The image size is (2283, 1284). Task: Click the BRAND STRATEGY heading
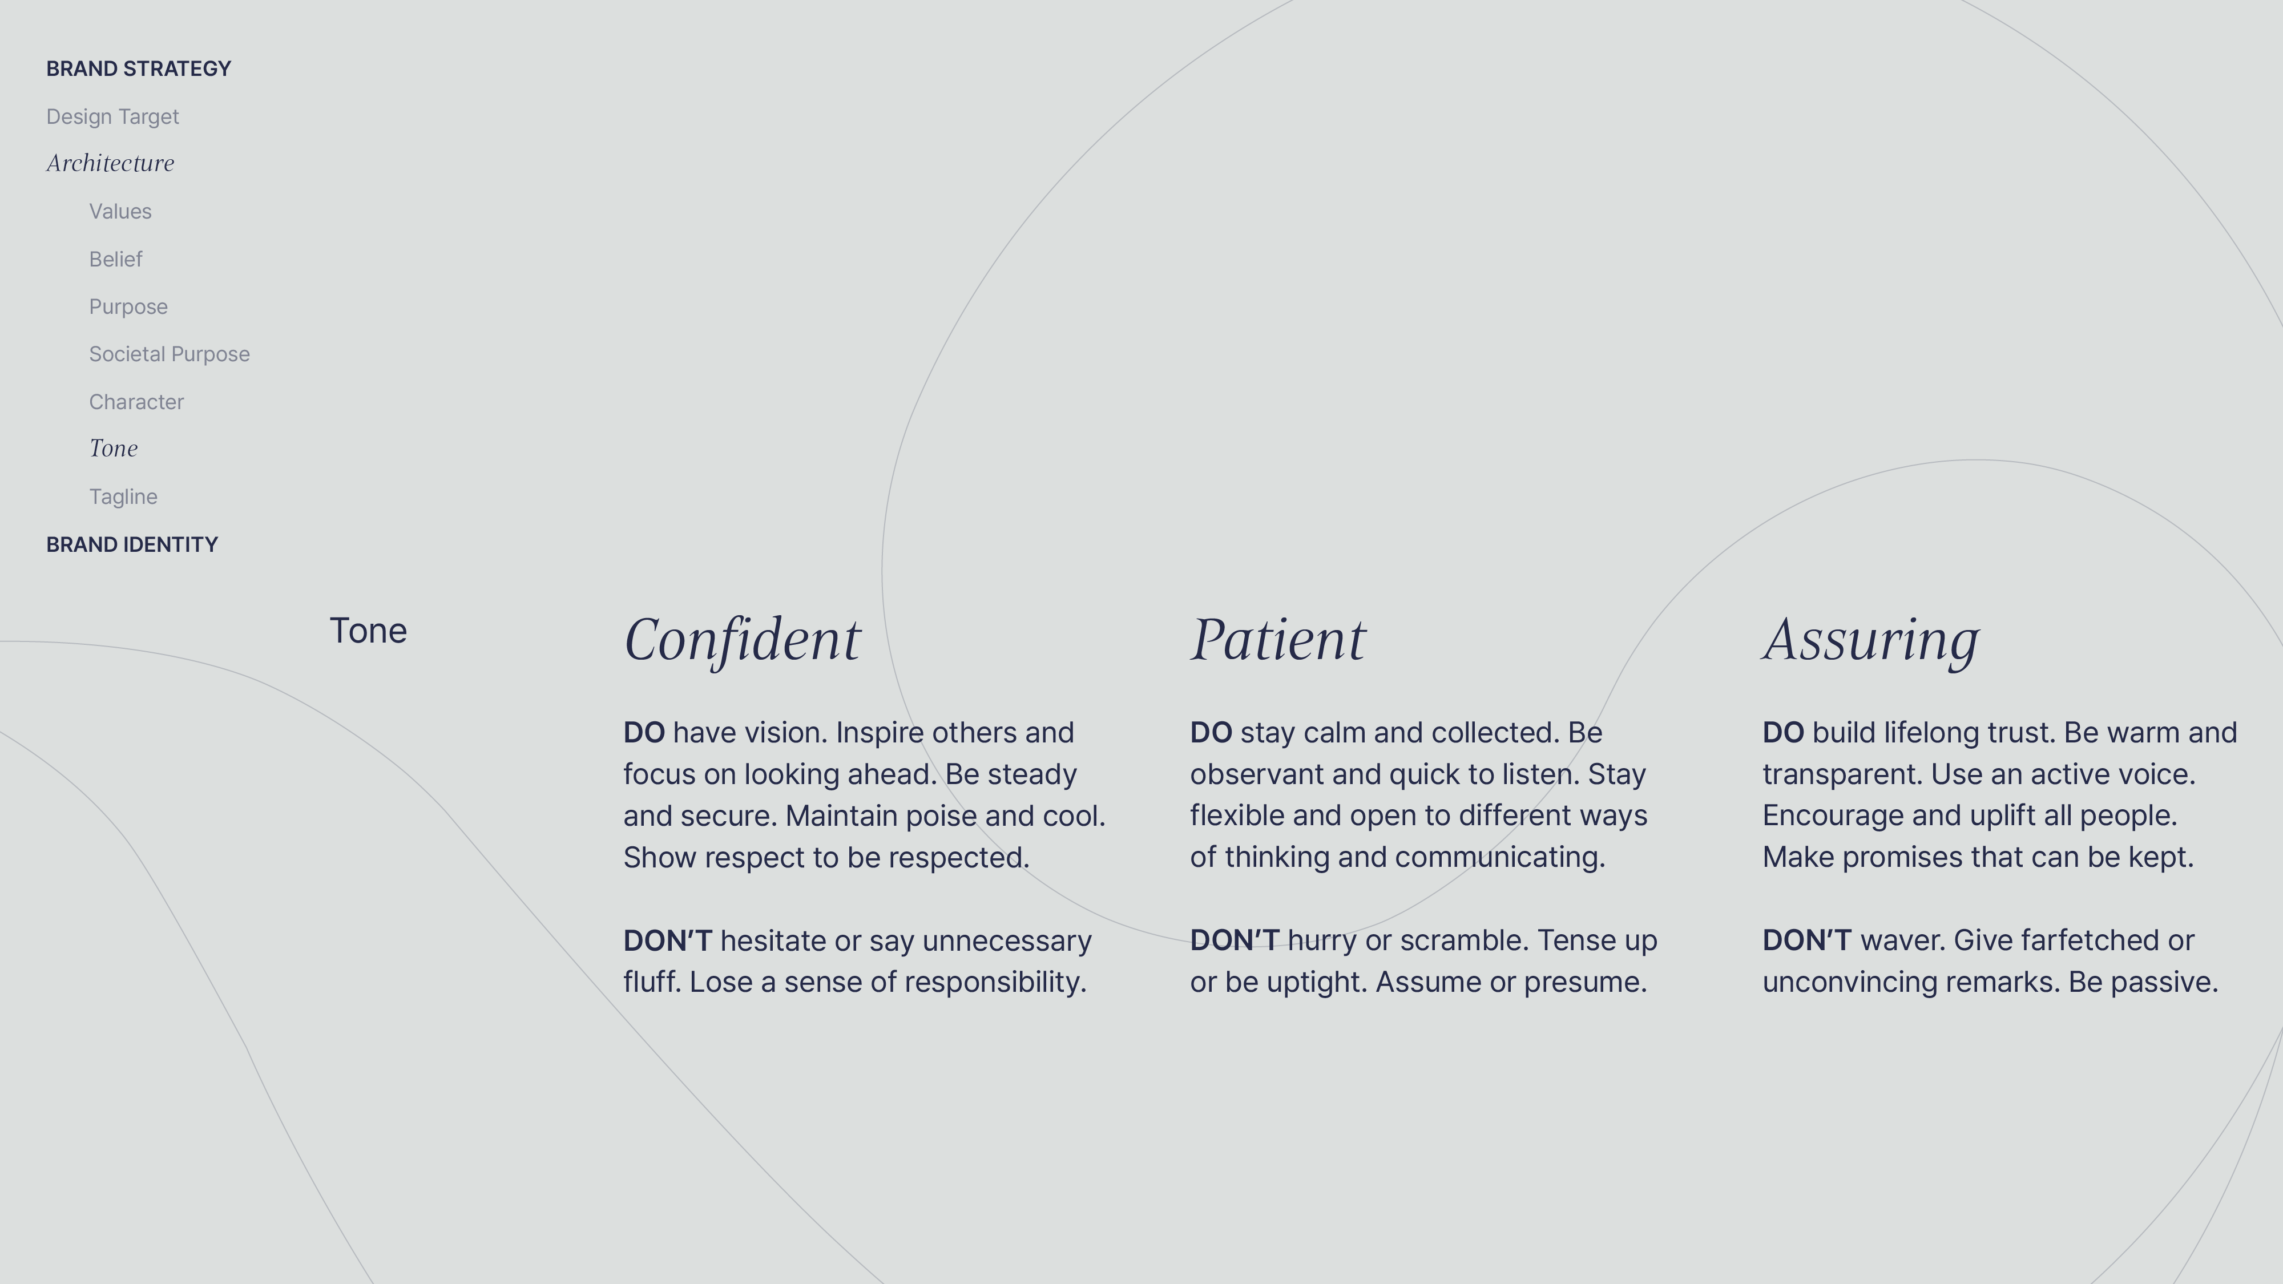click(x=138, y=69)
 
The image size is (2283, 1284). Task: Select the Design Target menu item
click(x=112, y=117)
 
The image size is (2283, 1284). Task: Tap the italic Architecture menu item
click(x=111, y=163)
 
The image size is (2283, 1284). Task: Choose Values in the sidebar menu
click(x=120, y=212)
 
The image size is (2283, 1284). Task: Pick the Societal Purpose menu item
click(x=170, y=354)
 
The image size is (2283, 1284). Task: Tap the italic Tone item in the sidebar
click(x=114, y=449)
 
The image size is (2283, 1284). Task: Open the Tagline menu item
click(x=123, y=497)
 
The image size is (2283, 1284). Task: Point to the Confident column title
click(x=742, y=639)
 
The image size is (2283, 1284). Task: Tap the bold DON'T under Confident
click(x=667, y=940)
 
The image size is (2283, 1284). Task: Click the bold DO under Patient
click(x=1211, y=733)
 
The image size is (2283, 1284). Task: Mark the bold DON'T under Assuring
click(x=1806, y=940)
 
